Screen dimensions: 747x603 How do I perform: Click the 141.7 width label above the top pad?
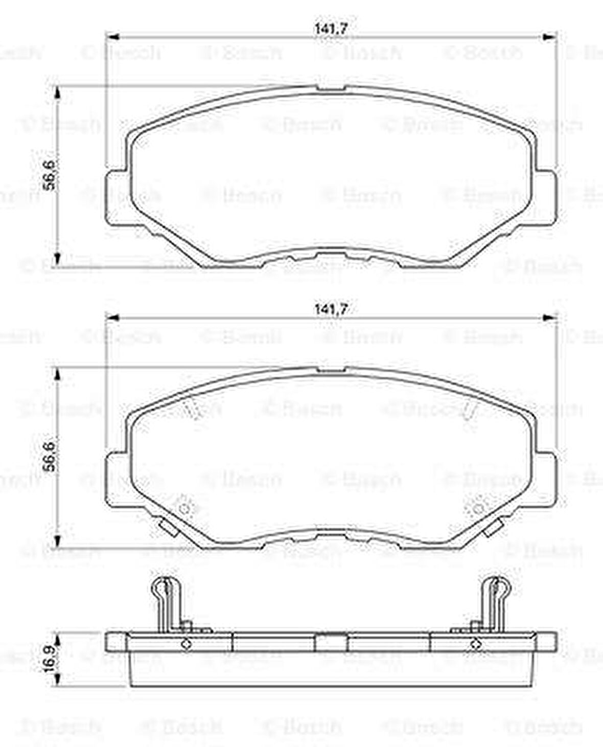331,29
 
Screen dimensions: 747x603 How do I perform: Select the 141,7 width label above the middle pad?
331,309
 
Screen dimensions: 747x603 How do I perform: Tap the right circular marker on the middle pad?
478,508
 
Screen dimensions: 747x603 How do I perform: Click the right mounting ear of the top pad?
546,197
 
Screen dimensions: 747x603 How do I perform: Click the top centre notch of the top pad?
331,89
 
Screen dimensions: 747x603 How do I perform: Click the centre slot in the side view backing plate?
331,642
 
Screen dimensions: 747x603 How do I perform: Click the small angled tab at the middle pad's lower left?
168,528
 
